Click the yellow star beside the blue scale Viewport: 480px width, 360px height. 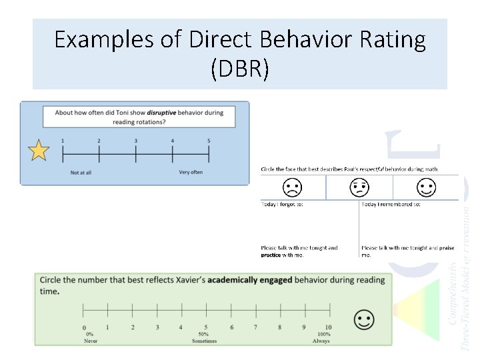(x=39, y=151)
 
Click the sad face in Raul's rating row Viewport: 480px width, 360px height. (x=291, y=187)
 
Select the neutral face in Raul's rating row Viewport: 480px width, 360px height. (x=359, y=187)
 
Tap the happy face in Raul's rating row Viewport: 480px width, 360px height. (x=427, y=187)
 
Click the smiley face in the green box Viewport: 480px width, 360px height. (x=364, y=320)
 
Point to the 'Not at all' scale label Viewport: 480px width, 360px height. (x=81, y=173)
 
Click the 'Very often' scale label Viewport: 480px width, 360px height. (x=191, y=172)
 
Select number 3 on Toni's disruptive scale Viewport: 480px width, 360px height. (x=135, y=141)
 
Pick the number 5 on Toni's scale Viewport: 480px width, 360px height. (x=209, y=141)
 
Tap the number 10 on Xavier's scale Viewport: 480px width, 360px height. (x=328, y=327)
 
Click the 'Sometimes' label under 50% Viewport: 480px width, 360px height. (x=203, y=341)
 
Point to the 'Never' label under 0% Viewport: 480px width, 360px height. (x=91, y=341)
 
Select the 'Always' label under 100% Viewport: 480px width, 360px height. (x=321, y=341)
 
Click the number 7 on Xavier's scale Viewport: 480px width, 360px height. (x=255, y=327)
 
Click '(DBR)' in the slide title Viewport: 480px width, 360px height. (x=240, y=69)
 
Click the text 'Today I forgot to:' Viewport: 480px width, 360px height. (x=282, y=204)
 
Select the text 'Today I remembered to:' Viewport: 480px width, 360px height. (x=391, y=204)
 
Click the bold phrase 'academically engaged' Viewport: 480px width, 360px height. (x=249, y=280)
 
